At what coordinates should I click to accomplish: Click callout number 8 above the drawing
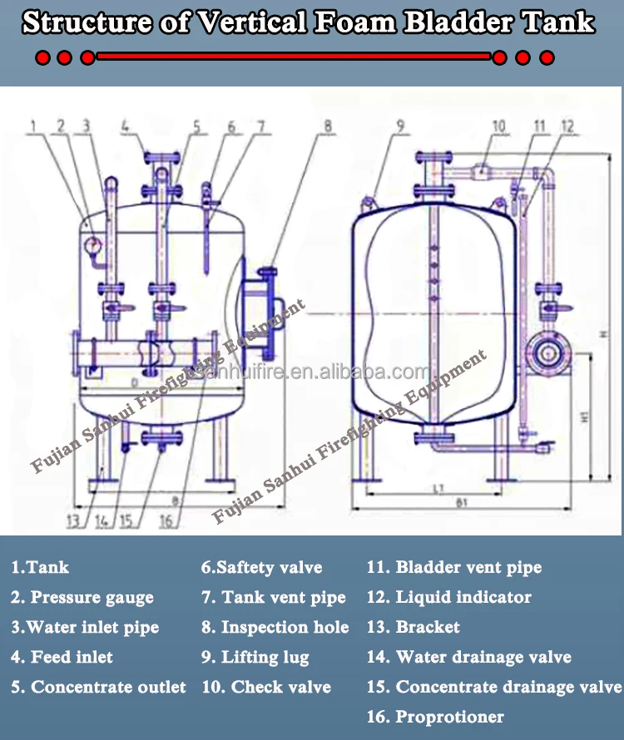pyautogui.click(x=328, y=127)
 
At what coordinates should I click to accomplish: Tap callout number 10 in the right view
pyautogui.click(x=498, y=126)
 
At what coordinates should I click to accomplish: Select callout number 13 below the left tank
pyautogui.click(x=75, y=521)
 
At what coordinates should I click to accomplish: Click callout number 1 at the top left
pyautogui.click(x=34, y=127)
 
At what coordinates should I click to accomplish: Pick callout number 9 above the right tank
pyautogui.click(x=400, y=127)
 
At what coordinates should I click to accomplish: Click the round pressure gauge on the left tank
pyautogui.click(x=92, y=244)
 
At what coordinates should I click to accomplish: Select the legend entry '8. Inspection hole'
pyautogui.click(x=275, y=627)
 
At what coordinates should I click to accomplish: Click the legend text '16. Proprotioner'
pyautogui.click(x=435, y=717)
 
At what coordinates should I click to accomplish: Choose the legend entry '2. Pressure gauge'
pyautogui.click(x=82, y=597)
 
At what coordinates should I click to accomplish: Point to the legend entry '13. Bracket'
pyautogui.click(x=414, y=627)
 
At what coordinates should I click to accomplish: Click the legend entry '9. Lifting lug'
pyautogui.click(x=255, y=657)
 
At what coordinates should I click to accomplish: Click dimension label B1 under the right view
pyautogui.click(x=462, y=503)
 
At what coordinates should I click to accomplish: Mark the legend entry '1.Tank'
pyautogui.click(x=39, y=567)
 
